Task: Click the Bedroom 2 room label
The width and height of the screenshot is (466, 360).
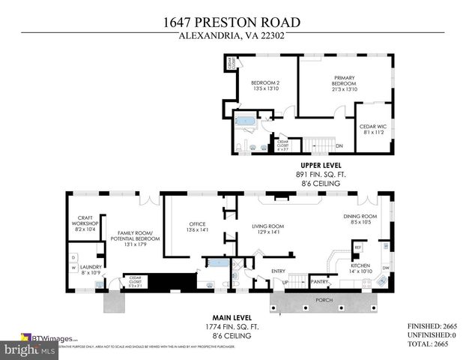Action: pos(264,82)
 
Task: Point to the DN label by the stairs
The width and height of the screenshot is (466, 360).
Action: pos(339,146)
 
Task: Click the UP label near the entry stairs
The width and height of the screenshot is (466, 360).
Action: pos(285,282)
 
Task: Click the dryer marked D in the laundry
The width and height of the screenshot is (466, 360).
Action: pos(73,257)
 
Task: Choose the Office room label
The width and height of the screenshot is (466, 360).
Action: pos(196,224)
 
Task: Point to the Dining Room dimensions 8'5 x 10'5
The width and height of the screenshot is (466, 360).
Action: pos(360,223)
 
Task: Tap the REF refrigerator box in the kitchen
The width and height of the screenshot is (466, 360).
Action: pos(357,247)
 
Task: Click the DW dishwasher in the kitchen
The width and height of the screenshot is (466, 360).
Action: pos(385,268)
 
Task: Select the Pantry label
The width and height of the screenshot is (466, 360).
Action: pos(319,282)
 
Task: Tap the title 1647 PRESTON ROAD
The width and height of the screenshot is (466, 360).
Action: pos(232,22)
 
